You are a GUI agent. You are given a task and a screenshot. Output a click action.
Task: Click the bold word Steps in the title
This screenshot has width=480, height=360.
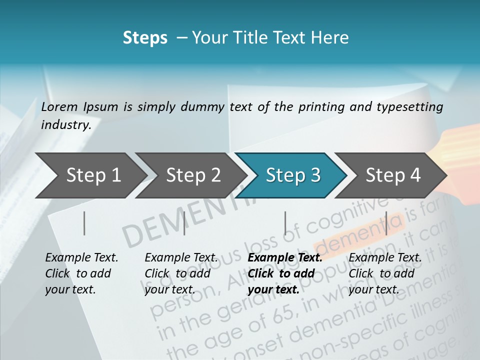[x=145, y=38]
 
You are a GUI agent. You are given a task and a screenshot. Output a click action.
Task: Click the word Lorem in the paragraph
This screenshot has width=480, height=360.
[x=59, y=106]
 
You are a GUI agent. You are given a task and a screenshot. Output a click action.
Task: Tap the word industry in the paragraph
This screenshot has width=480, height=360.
[x=65, y=124]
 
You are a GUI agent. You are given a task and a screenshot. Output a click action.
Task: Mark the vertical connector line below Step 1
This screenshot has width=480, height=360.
[x=84, y=223]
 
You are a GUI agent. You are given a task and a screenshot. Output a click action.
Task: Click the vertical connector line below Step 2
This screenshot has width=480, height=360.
[x=184, y=223]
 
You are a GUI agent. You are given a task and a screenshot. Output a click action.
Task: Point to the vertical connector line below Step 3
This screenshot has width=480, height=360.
[x=285, y=223]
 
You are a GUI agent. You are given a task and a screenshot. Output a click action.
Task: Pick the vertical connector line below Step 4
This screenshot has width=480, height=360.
[x=386, y=223]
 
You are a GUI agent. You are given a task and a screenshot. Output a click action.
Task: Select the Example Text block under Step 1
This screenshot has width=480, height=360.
[x=81, y=273]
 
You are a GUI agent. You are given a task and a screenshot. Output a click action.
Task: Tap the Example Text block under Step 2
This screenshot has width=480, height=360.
[x=181, y=273]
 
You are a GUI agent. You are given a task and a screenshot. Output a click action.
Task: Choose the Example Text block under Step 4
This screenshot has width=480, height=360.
[x=385, y=273]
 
